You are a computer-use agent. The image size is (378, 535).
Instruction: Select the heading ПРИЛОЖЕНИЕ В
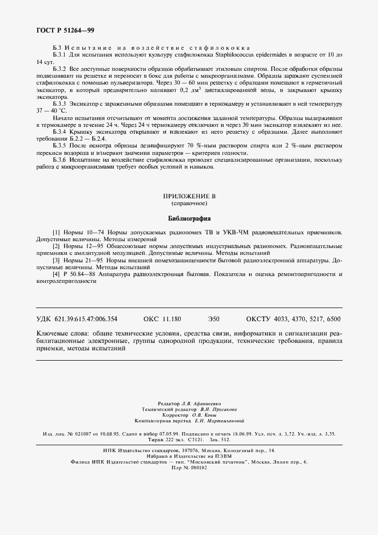[x=189, y=196]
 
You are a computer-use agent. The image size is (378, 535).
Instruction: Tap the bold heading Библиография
[x=189, y=218]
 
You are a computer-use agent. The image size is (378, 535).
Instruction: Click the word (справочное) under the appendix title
[x=189, y=203]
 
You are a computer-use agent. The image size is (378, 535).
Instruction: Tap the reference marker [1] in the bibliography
[x=56, y=233]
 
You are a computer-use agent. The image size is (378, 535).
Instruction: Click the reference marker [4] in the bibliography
[x=56, y=274]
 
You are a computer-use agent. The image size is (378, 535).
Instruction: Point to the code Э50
[x=213, y=318]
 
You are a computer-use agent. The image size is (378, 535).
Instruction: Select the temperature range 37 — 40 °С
[x=51, y=110]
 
